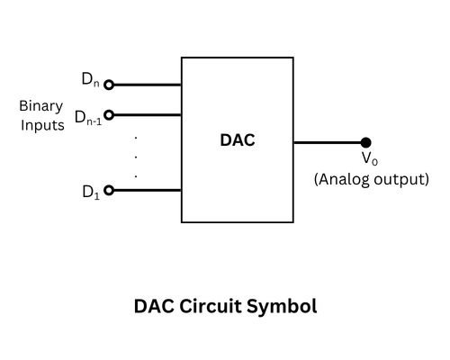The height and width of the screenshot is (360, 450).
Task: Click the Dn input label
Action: pyautogui.click(x=91, y=79)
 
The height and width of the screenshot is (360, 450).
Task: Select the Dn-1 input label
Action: pyautogui.click(x=87, y=117)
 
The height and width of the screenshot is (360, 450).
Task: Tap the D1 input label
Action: pyautogui.click(x=89, y=191)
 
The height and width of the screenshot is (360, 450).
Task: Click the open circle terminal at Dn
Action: pyautogui.click(x=109, y=85)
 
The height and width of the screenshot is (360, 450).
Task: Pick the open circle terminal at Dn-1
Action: pyautogui.click(x=109, y=114)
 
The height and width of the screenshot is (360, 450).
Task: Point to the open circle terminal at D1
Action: pyautogui.click(x=109, y=190)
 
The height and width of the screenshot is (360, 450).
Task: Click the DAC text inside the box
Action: pyautogui.click(x=238, y=141)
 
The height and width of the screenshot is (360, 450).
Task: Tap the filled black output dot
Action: pyautogui.click(x=365, y=142)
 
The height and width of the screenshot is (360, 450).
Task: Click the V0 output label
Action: pyautogui.click(x=369, y=159)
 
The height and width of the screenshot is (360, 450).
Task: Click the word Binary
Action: pyautogui.click(x=41, y=106)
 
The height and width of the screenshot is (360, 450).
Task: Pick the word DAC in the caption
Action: pyautogui.click(x=154, y=306)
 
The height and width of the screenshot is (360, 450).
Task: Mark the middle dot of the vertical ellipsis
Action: pyautogui.click(x=135, y=156)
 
